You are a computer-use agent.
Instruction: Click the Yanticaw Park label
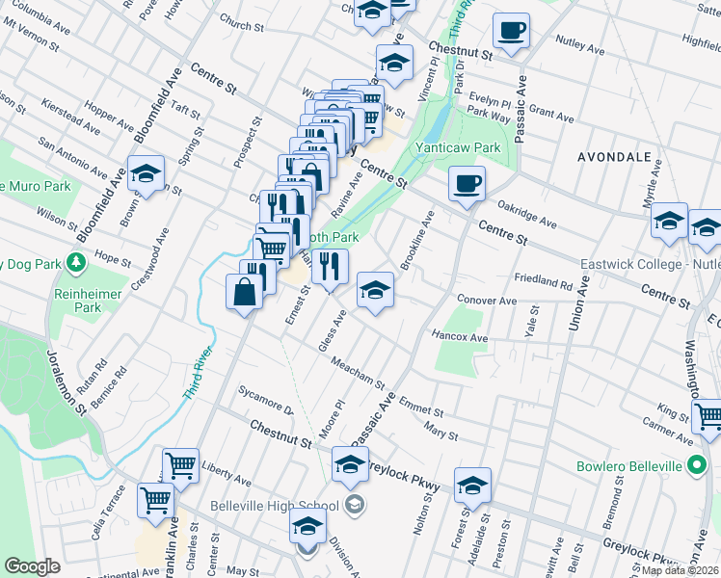[x=444, y=147]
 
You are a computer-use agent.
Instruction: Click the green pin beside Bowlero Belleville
[x=697, y=467]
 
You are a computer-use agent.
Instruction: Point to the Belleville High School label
[x=275, y=506]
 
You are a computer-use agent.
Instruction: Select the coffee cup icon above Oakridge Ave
[x=467, y=183]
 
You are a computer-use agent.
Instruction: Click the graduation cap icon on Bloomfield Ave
[x=146, y=173]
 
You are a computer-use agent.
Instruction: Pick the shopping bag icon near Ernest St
[x=245, y=291]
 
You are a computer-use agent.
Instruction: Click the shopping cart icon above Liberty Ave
[x=180, y=464]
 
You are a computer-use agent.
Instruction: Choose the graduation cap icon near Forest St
[x=472, y=485]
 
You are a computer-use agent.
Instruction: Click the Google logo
[x=33, y=566]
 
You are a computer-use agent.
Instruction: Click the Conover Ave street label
[x=487, y=301]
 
